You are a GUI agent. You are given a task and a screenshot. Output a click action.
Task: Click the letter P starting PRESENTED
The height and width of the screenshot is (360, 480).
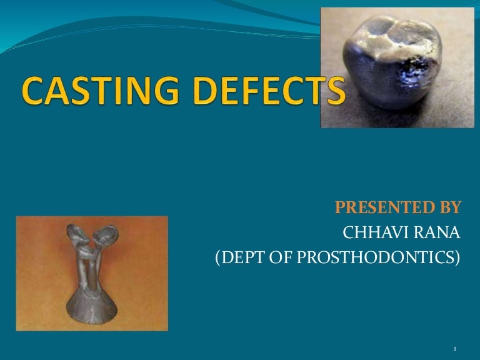click(x=341, y=207)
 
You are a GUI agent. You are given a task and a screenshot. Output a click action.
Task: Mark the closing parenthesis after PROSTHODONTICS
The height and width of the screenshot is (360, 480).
click(x=457, y=259)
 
